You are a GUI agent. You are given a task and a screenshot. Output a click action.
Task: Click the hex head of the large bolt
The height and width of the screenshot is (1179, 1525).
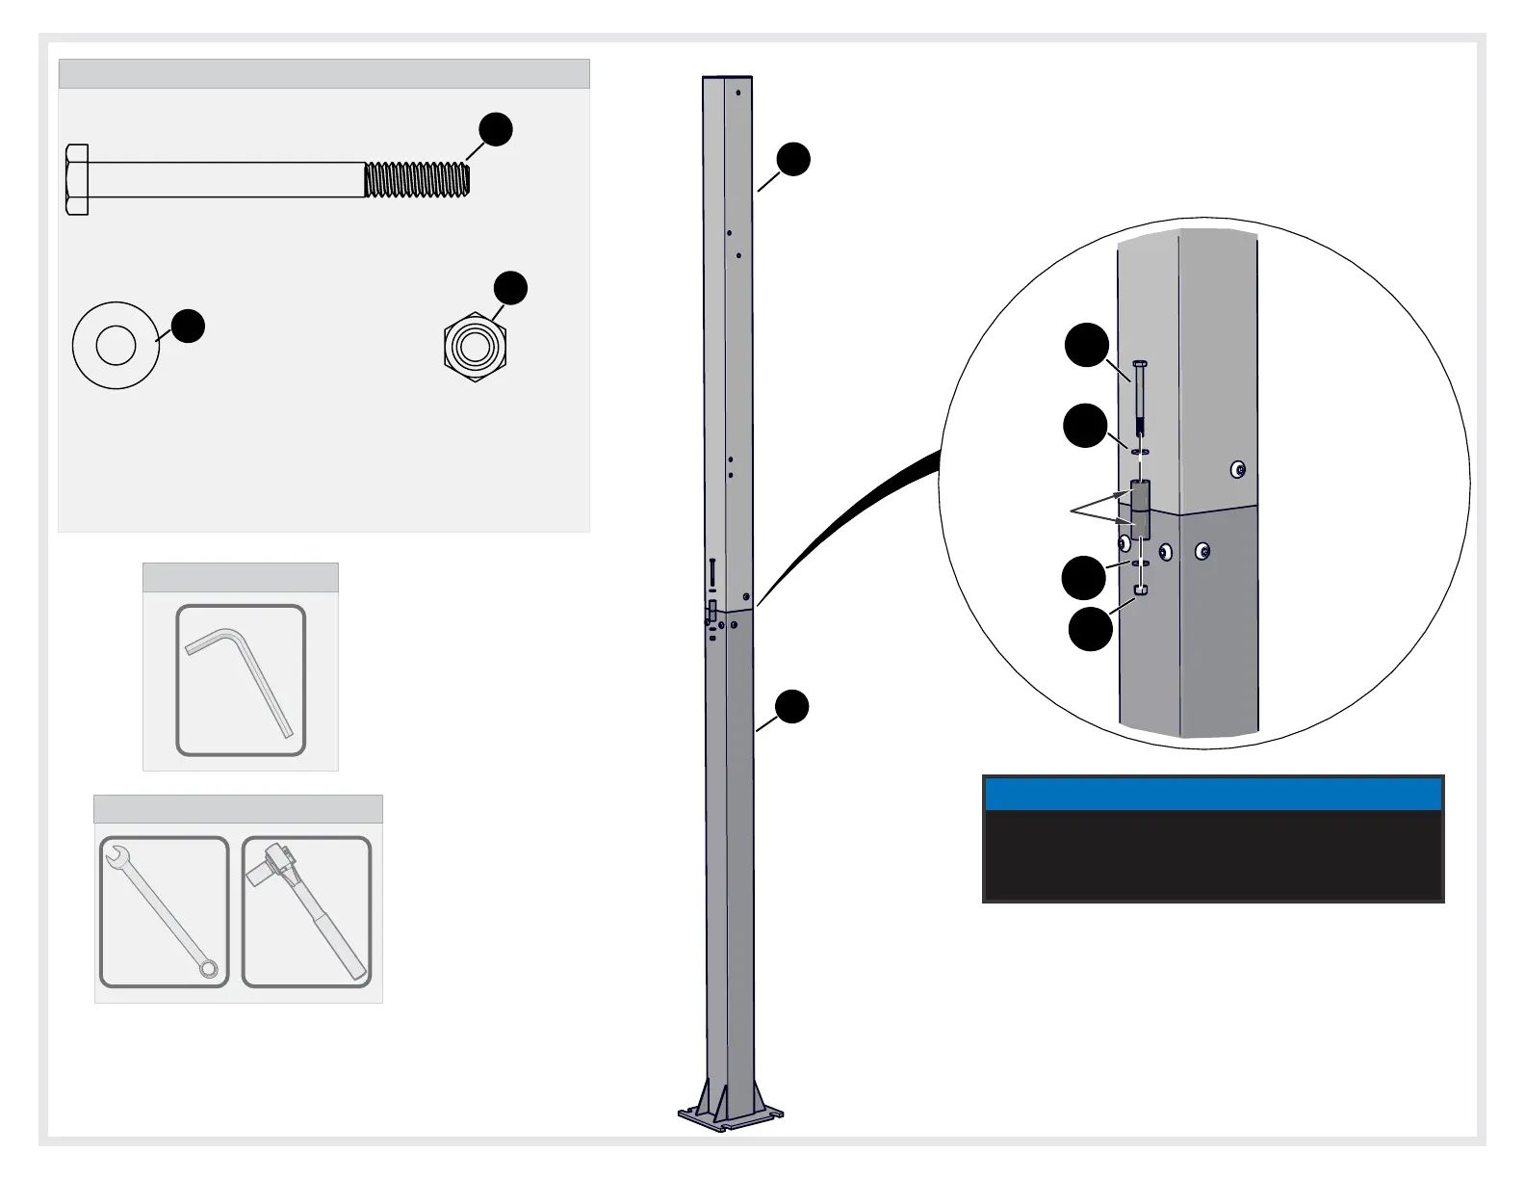coord(77,180)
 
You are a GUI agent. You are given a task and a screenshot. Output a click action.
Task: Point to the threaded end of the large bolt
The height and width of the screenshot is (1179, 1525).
coord(417,180)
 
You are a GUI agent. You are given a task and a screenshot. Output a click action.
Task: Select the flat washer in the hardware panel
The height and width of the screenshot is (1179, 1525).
coord(116,345)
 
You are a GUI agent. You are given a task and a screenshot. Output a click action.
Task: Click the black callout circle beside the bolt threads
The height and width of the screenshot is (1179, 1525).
coord(495,130)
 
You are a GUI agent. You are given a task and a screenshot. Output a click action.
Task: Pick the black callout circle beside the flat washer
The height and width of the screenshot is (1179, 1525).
coord(189,326)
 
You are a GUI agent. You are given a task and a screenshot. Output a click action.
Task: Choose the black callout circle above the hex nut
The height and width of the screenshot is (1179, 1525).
coord(510,288)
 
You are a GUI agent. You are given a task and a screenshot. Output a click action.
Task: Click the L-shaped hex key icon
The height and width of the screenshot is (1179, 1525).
coord(241,680)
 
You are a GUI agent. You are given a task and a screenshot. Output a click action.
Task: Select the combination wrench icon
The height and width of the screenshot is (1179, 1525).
coord(164,911)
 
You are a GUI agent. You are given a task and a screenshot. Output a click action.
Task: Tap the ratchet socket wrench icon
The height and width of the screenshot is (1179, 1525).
coord(306,911)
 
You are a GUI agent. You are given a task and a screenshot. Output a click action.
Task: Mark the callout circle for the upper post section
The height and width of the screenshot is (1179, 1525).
coord(793,160)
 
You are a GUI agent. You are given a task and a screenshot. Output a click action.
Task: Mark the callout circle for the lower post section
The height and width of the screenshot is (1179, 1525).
coord(792,706)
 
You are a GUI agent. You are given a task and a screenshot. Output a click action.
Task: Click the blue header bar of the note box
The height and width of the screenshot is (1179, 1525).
coord(1213,795)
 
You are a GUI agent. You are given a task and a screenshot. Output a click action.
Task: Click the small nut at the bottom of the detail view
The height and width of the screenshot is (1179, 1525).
coord(1140,589)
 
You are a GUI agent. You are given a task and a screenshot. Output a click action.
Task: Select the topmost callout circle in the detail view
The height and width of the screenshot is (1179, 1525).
coord(1087,346)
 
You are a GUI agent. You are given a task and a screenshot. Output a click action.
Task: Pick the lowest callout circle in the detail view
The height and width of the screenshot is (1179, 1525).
coord(1091,629)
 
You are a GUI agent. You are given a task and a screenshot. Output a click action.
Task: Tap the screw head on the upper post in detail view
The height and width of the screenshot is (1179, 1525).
coord(1239,470)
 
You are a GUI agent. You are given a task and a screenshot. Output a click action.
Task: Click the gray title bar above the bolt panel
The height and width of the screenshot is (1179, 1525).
coord(323,74)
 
